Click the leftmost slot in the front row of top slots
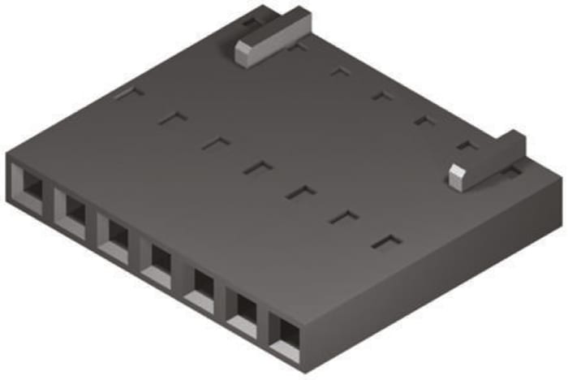(x=129, y=93)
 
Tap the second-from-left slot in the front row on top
(x=173, y=118)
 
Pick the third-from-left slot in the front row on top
(x=216, y=143)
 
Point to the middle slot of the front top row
(x=259, y=167)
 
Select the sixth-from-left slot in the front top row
(x=344, y=217)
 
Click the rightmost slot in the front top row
(x=387, y=242)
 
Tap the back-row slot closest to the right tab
(x=467, y=145)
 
